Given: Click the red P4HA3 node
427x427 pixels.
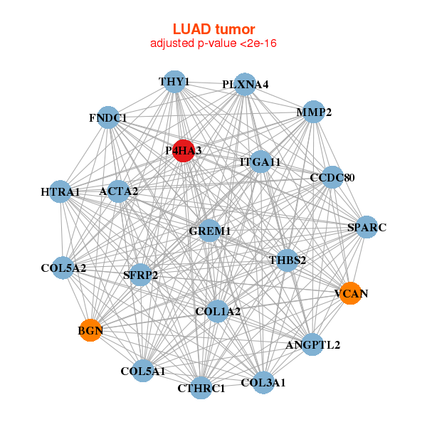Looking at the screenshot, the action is [183, 150].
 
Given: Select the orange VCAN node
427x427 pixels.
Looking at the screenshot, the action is [350, 292].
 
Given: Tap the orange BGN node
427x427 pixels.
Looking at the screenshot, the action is [90, 330].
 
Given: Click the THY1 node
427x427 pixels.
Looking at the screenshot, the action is [174, 82].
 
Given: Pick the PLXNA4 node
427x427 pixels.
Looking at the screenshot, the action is [244, 84].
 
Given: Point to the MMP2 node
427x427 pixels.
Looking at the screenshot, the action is [314, 112].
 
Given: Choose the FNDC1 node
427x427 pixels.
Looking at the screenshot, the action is [108, 117].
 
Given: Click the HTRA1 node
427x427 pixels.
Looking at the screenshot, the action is [60, 191].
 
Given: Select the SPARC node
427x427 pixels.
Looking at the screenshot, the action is [367, 228].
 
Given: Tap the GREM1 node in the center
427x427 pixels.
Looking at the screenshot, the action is [210, 231].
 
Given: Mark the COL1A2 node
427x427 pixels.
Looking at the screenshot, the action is [217, 311].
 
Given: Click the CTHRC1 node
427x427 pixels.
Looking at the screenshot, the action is [201, 388].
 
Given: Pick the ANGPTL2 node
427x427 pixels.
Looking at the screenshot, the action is [312, 345].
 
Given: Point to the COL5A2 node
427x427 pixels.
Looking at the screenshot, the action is [63, 268].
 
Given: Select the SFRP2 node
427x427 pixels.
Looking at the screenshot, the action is [140, 275].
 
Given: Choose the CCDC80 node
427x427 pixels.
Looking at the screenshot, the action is [332, 176].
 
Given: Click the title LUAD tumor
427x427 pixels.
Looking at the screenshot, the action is [213, 29].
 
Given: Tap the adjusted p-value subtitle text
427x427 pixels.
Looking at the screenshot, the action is [213, 43].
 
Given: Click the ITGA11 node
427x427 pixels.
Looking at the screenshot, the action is [260, 162].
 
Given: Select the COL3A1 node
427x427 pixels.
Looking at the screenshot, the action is [263, 383].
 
